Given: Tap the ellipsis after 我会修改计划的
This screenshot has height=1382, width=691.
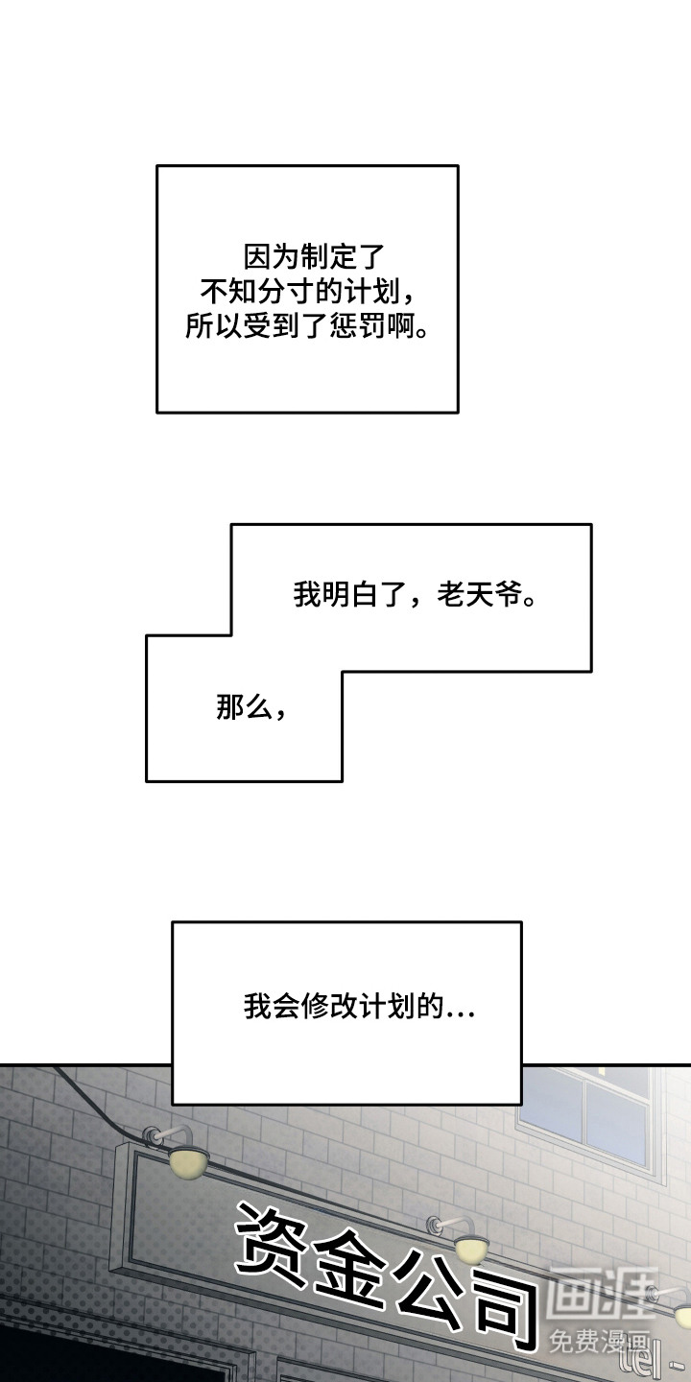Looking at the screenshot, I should pos(461,1010).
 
